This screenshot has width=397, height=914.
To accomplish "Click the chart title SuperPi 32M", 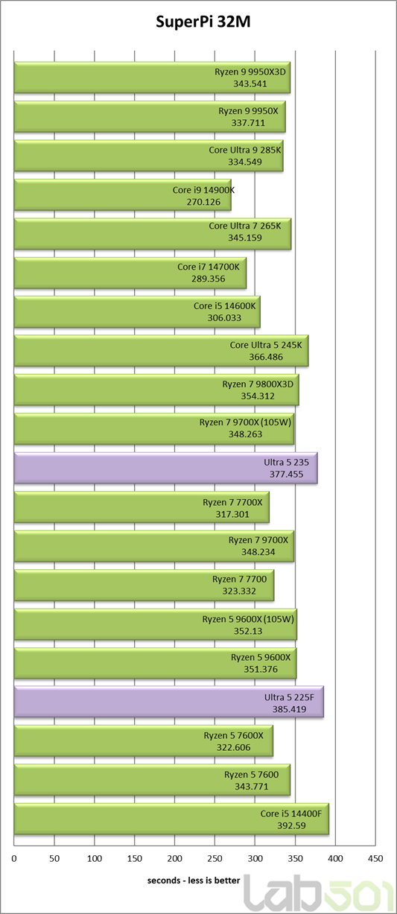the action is pos(203,22).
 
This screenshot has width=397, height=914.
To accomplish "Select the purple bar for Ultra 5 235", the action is pos(165,468).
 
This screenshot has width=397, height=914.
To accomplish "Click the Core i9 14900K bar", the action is pos(123,195).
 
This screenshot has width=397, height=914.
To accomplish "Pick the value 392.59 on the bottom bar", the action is pos(291,825).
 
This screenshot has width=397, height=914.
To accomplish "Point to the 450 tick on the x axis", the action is pos(375,859).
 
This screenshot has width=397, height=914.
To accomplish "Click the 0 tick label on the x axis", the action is pos(14,859).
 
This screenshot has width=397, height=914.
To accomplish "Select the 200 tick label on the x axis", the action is pos(174,859).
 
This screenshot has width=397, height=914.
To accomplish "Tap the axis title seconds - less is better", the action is pos(194,880).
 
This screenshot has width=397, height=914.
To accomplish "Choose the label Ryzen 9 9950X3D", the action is pos(250,72).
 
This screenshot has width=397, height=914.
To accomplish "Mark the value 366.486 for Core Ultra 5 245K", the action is pos(266,357).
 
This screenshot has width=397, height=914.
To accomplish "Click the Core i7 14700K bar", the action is pos(130,273).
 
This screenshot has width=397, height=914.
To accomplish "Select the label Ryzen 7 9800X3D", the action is pos(258,384).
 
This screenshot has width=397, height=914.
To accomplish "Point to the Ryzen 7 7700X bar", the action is pos(142,507).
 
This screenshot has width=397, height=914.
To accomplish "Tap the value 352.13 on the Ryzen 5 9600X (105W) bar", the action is pos(248,631).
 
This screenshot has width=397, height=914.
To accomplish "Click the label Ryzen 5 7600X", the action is pos(233,735).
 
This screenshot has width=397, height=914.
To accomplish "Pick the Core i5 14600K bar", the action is pos(137,311).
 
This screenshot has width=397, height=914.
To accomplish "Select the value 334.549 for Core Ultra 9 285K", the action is pos(245,162).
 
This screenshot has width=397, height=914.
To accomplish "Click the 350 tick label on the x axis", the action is pos(295,859).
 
